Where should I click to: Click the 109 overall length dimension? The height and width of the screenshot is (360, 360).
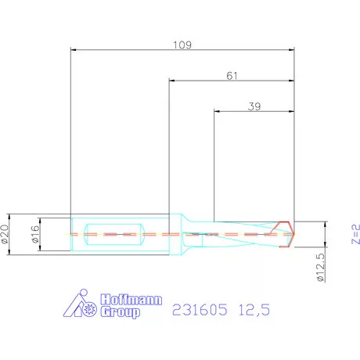(x=182, y=44)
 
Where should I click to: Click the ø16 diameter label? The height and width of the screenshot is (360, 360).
(x=34, y=233)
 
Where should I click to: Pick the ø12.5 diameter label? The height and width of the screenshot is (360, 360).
(x=319, y=267)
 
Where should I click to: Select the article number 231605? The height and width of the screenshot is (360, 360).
(x=199, y=311)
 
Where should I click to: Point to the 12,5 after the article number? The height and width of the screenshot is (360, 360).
(x=254, y=311)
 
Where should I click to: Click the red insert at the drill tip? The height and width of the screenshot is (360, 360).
(x=289, y=234)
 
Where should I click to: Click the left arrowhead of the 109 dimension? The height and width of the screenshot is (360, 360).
(x=73, y=49)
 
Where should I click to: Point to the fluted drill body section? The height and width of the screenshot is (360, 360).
(x=243, y=233)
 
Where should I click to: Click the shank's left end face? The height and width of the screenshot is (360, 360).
(x=70, y=233)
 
